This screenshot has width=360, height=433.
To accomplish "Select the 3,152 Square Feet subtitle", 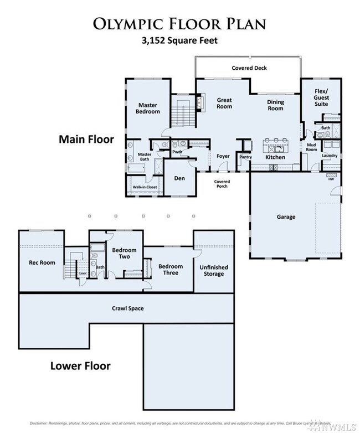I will (179, 40).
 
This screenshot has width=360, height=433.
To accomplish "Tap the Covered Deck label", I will (249, 68).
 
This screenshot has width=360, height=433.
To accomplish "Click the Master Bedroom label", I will (148, 108).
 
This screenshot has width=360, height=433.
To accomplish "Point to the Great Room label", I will (224, 103).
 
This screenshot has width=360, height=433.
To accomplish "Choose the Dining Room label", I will (275, 105).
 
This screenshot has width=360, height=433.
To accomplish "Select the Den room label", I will (179, 178).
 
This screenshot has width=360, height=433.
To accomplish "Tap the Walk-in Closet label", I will (145, 188).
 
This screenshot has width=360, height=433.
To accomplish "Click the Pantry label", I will (245, 157).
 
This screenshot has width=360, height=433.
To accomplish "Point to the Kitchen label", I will (275, 157).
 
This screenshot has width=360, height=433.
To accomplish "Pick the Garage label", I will (286, 217).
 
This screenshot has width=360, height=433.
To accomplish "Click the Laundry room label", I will (330, 156).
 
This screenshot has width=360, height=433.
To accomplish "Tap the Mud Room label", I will (311, 147).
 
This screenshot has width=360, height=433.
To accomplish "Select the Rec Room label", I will (42, 262).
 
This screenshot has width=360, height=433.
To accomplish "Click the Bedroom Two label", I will (124, 254).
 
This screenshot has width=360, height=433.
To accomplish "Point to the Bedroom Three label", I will (171, 270).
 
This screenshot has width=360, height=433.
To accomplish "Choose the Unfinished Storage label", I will (213, 270).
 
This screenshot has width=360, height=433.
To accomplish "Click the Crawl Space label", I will (128, 308).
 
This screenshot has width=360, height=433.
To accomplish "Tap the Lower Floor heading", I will (80, 365).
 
